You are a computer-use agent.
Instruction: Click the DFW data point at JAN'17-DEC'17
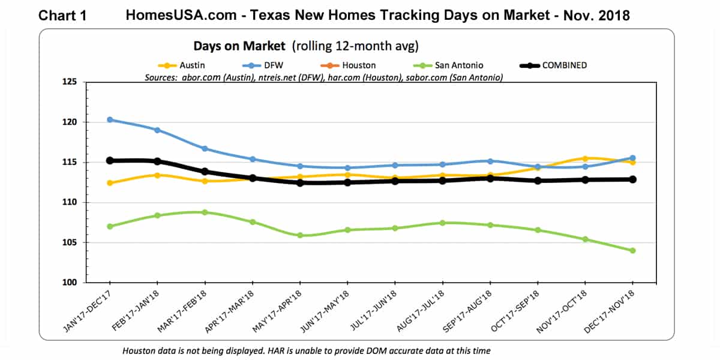coord(110,119)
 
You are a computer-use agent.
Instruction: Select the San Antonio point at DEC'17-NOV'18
coord(632,251)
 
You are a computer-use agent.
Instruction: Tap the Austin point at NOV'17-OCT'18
coord(585,158)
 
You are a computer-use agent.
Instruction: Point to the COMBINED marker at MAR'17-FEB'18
coord(205,172)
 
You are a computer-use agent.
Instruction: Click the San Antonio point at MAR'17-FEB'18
coord(205,212)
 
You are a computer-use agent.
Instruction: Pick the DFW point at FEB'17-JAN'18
coord(157,130)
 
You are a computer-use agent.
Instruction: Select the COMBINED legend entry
coord(564,65)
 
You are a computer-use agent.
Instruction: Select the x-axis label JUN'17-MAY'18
coord(327,311)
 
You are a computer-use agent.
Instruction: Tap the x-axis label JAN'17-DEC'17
coord(89,311)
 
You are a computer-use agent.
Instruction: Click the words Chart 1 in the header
coord(62,16)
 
